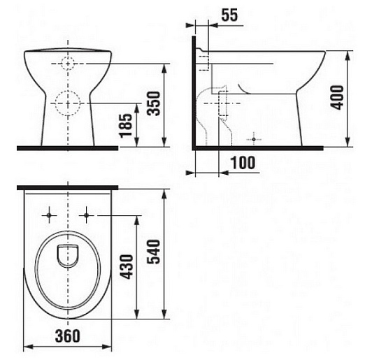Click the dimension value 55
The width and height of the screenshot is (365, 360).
pos(229,15)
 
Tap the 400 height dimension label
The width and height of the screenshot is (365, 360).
pos(337,97)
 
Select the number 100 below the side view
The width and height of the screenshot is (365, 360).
pos(243,163)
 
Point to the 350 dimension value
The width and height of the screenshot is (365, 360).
pos(154,103)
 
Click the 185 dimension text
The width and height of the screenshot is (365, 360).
pos(126,126)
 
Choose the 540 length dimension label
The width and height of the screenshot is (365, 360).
pos(154,252)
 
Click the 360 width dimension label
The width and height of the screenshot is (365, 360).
pos(68,336)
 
